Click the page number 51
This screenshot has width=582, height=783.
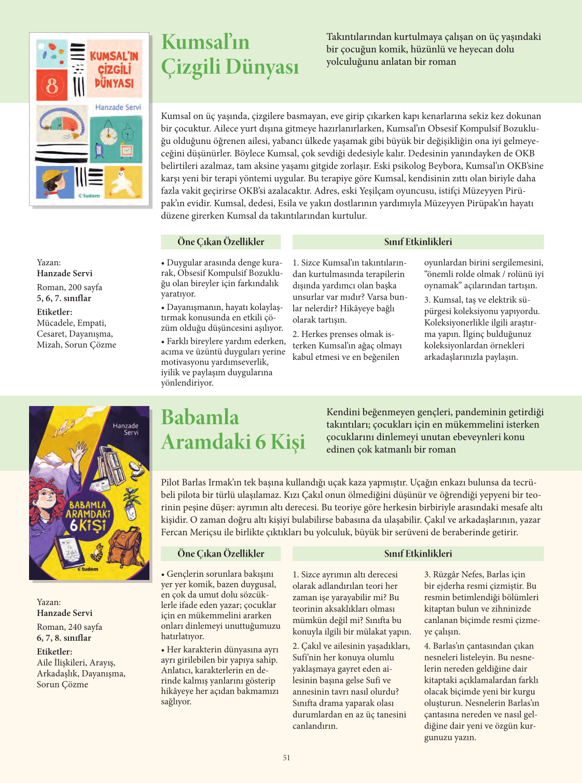pyautogui.click(x=286, y=758)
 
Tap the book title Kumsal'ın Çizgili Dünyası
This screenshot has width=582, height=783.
pyautogui.click(x=230, y=55)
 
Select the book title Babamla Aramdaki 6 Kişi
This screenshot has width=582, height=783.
pyautogui.click(x=233, y=429)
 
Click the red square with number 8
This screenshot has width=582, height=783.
pyautogui.click(x=52, y=86)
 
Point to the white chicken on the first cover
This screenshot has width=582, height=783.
pyautogui.click(x=123, y=180)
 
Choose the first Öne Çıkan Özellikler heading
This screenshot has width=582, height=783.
pyautogui.click(x=220, y=241)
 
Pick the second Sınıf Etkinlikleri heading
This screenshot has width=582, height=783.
pyautogui.click(x=418, y=553)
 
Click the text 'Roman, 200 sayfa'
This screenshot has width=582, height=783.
pyautogui.click(x=70, y=287)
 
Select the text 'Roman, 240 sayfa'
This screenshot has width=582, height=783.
pyautogui.click(x=70, y=627)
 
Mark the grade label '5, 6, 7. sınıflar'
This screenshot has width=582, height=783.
pyautogui.click(x=64, y=298)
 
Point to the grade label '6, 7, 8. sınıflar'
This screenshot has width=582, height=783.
pyautogui.click(x=64, y=638)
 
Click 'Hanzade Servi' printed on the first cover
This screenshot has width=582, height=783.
pyautogui.click(x=118, y=107)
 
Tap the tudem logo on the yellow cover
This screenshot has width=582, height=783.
pyautogui.click(x=88, y=569)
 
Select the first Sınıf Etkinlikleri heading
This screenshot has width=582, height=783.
pyautogui.click(x=418, y=241)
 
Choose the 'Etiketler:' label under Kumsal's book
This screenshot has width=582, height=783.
pyautogui.click(x=54, y=312)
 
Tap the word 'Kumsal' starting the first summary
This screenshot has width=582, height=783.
pyautogui.click(x=175, y=116)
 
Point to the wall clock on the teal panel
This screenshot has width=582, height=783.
pyautogui.click(x=108, y=133)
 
